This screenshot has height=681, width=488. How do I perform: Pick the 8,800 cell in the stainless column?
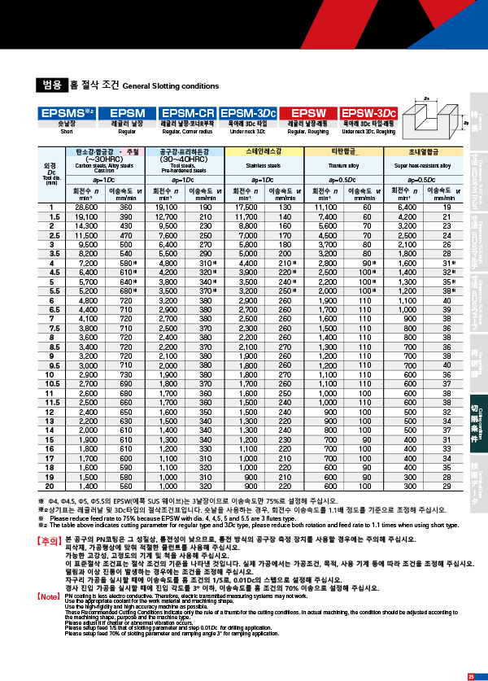(244, 226)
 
